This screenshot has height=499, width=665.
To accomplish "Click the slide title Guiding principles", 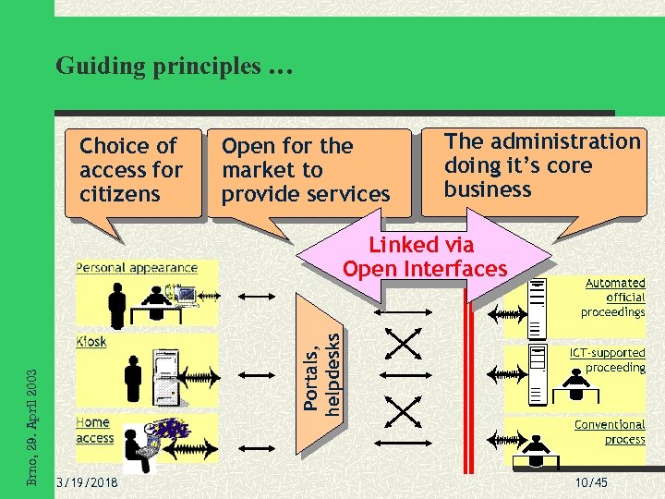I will pos(173,67).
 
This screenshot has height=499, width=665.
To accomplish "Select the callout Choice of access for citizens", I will pos(132,171).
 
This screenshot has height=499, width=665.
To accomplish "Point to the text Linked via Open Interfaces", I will pos(424,257).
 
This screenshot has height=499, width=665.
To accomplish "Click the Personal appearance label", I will pos(137,268).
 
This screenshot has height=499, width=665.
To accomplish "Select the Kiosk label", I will pos(91,341).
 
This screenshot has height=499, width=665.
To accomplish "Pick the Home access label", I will pos(94,431).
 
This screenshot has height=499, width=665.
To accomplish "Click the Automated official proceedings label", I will pos(613,298).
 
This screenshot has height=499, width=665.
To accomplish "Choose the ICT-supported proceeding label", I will pos(608,360).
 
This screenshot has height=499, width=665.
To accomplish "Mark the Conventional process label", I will pos(610,432).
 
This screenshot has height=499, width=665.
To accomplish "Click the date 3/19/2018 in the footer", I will pos(86,482).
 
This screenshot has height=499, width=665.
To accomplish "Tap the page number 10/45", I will pos(590,482).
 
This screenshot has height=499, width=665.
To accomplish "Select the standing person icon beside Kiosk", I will pos(134,376).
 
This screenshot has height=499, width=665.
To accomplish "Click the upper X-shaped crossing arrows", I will pos(402,344).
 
